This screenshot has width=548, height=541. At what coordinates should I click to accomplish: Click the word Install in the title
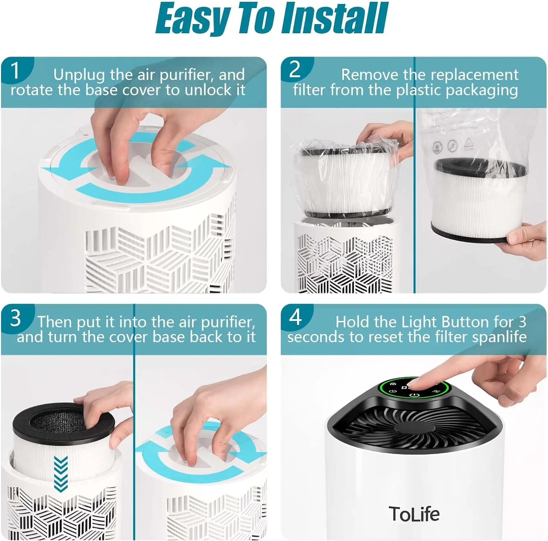[x=335, y=18]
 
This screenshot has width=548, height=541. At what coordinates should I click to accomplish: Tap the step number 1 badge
[x=15, y=70]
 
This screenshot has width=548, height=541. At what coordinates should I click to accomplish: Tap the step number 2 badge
[x=295, y=69]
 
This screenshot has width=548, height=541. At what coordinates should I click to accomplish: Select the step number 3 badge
[x=16, y=318]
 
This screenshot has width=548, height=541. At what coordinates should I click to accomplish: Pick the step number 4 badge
[x=296, y=317]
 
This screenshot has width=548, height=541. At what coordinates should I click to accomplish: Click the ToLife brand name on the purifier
[x=414, y=514]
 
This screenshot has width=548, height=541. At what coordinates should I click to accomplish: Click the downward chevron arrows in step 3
[x=61, y=473]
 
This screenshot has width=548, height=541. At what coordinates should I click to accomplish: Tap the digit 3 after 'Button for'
[x=522, y=322]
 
